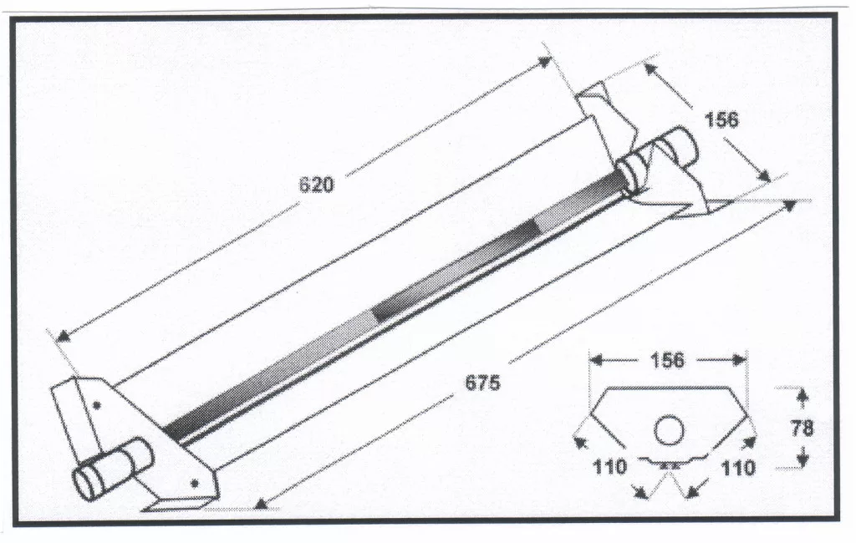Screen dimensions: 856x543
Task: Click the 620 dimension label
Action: point(316,185)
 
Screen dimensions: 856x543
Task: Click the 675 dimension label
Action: point(482,383)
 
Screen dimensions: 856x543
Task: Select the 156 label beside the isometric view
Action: point(721,119)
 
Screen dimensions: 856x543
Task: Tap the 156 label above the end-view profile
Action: point(667,360)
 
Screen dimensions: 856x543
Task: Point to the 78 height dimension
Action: point(802,429)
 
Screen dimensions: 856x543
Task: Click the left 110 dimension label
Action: point(609,467)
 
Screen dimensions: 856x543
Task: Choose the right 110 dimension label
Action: point(738,468)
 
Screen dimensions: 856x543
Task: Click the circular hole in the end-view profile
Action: point(669,430)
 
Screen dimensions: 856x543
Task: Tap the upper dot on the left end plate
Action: point(97,405)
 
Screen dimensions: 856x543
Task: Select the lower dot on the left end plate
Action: point(194,482)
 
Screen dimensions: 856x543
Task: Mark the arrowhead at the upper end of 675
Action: point(790,205)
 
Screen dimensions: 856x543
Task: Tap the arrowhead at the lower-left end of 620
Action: point(64,336)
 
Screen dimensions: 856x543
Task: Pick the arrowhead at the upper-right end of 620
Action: point(543,62)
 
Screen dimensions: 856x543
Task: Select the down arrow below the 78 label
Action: point(802,459)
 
